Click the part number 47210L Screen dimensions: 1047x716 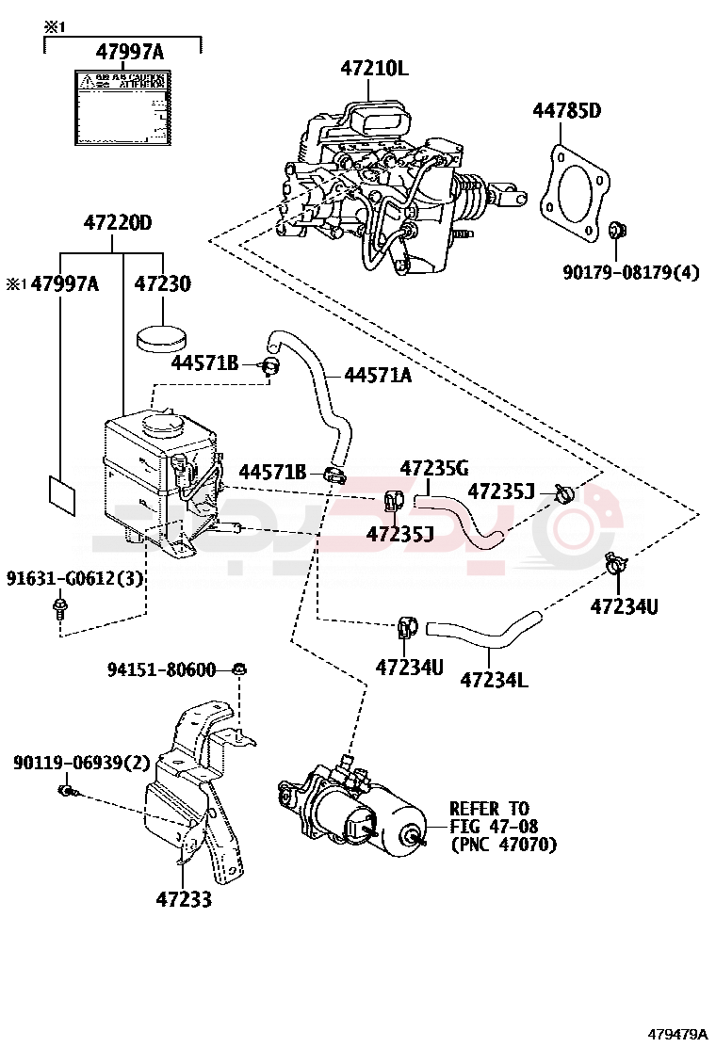point(375,69)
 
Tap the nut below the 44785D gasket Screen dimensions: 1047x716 point(616,230)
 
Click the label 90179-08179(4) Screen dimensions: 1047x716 point(630,273)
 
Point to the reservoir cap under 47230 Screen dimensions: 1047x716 point(162,336)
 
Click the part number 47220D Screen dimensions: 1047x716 point(118,223)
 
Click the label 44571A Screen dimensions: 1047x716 point(377,375)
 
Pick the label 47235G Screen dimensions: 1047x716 point(433,468)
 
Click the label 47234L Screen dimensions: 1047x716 point(494,679)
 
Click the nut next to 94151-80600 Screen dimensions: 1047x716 point(239,669)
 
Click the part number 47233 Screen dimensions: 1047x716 point(184,899)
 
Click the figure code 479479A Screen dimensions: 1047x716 point(676,1034)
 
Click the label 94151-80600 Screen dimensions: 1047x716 point(161,669)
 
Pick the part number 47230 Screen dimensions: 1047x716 point(162,283)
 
